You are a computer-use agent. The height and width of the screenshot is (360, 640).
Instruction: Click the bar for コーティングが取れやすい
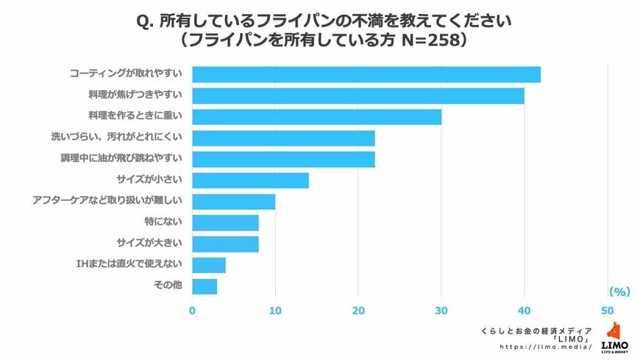pyautogui.click(x=366, y=74)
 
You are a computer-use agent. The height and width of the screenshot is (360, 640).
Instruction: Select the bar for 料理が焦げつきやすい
pyautogui.click(x=358, y=96)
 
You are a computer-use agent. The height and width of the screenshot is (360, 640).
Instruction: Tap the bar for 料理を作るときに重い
pyautogui.click(x=316, y=117)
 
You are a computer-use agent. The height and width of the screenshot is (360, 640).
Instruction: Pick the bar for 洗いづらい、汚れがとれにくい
pyautogui.click(x=283, y=138)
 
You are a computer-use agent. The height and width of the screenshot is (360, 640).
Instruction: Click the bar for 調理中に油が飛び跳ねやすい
pyautogui.click(x=283, y=159)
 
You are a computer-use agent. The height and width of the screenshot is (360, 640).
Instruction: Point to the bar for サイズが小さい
pyautogui.click(x=250, y=180)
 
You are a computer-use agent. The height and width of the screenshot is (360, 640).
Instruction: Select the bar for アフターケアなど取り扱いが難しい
pyautogui.click(x=233, y=202)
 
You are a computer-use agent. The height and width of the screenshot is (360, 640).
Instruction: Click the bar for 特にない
pyautogui.click(x=225, y=222)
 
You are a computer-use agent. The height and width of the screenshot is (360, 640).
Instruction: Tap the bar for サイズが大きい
pyautogui.click(x=225, y=244)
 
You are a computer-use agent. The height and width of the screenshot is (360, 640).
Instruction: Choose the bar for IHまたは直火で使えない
pyautogui.click(x=209, y=265)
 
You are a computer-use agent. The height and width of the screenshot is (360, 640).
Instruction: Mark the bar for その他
pyautogui.click(x=205, y=286)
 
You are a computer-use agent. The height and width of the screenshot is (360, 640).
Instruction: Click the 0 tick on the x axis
pyautogui.click(x=193, y=310)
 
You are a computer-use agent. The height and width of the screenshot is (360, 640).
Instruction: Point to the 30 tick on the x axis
pyautogui.click(x=441, y=310)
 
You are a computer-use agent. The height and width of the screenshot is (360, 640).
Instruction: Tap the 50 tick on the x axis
pyautogui.click(x=608, y=310)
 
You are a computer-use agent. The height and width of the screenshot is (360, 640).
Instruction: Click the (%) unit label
pyautogui.click(x=619, y=292)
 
